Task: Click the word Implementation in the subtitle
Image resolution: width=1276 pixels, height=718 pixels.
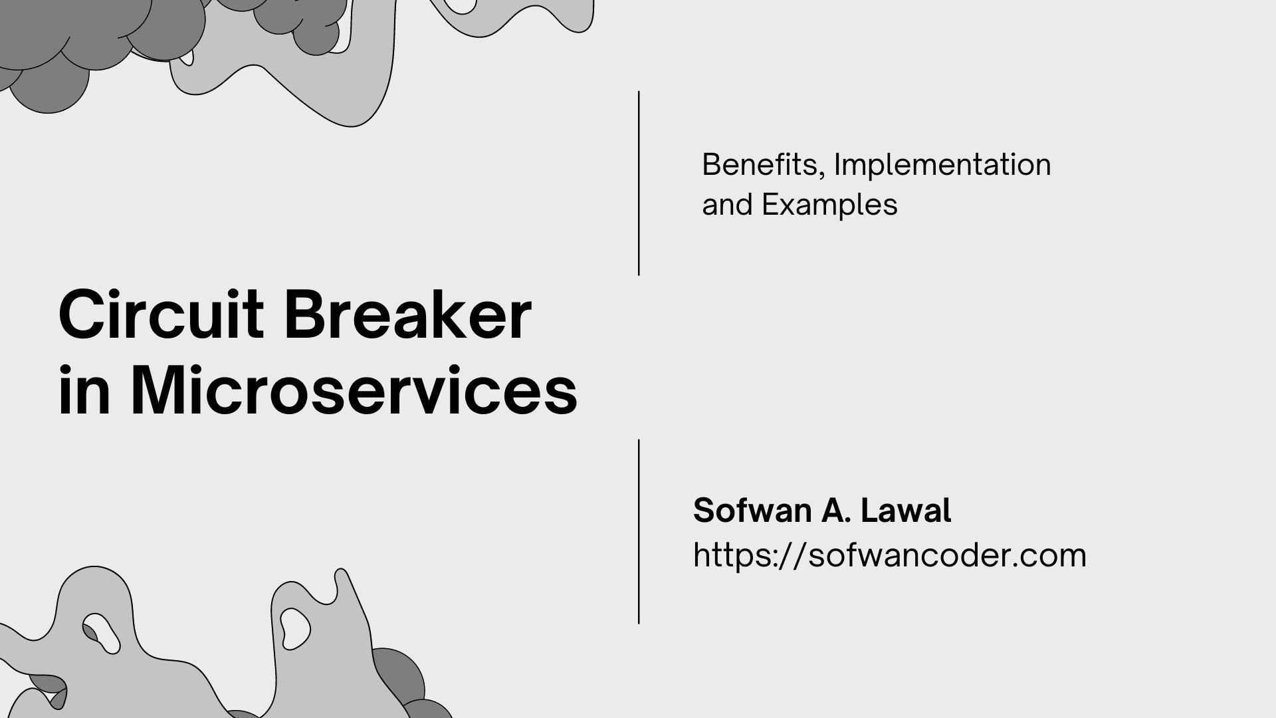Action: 942,165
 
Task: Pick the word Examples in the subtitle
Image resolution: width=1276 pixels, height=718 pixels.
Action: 829,205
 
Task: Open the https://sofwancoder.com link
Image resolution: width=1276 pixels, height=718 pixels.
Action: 889,555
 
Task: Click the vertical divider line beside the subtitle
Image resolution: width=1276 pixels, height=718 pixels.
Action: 639,183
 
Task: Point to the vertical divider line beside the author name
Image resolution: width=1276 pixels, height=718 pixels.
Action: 639,531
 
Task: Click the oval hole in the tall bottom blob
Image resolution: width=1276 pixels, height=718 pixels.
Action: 295,628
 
